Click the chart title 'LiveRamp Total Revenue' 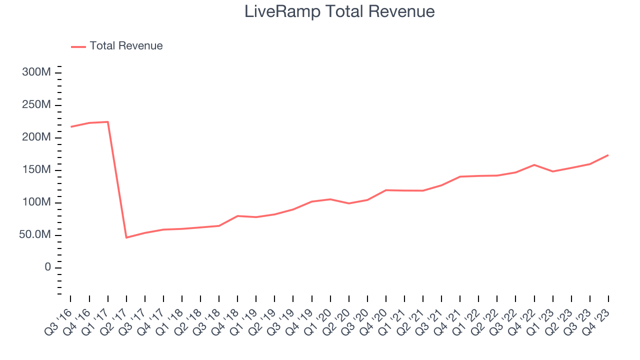339,11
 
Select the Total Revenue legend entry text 126,46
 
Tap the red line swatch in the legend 78,46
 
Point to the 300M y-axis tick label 36,72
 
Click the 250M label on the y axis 36,105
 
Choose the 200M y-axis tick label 36,137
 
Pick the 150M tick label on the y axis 36,170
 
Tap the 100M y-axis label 36,202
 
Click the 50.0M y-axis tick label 35,235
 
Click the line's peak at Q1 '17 107,122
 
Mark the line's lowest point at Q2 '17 126,237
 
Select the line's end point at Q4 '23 608,155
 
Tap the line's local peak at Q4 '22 534,164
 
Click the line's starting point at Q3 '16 70,127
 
